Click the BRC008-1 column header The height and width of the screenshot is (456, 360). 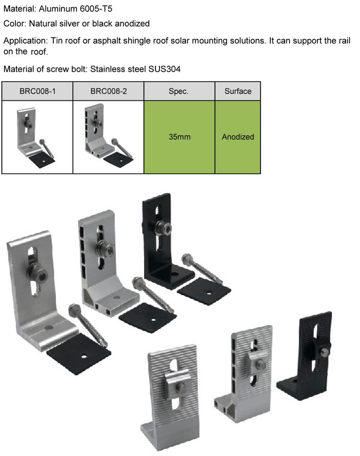click(37, 91)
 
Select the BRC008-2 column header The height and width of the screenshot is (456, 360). click(108, 91)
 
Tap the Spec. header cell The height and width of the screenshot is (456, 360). click(179, 91)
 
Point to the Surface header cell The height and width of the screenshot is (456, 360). click(238, 91)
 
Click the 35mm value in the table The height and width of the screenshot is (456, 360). click(180, 137)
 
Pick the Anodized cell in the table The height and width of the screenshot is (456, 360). click(238, 137)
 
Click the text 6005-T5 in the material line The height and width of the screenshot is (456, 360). click(96, 9)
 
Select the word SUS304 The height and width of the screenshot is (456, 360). click(164, 69)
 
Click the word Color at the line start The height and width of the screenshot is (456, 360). click(14, 24)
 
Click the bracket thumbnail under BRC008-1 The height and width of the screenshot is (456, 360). click(35, 138)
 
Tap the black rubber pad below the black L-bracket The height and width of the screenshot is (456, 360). click(204, 291)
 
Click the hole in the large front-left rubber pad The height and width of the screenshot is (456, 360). click(84, 356)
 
